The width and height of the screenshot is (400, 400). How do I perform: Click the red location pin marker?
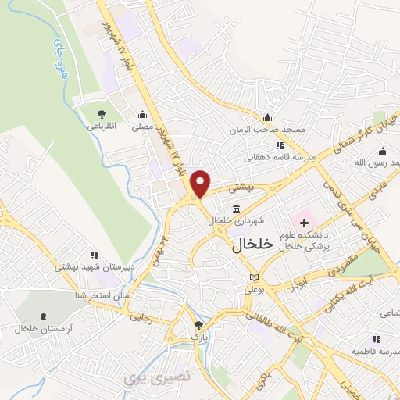pos(201,184)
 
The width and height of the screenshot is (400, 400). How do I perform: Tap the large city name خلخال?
pos(253,244)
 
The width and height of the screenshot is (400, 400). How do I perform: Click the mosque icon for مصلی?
pos(143,114)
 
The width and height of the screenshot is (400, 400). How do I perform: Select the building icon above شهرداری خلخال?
pos(236,207)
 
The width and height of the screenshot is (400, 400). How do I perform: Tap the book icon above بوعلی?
pos(252,277)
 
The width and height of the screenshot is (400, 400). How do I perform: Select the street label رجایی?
pos(148,318)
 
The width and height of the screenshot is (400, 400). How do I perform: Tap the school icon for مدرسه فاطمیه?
pos(376,339)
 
